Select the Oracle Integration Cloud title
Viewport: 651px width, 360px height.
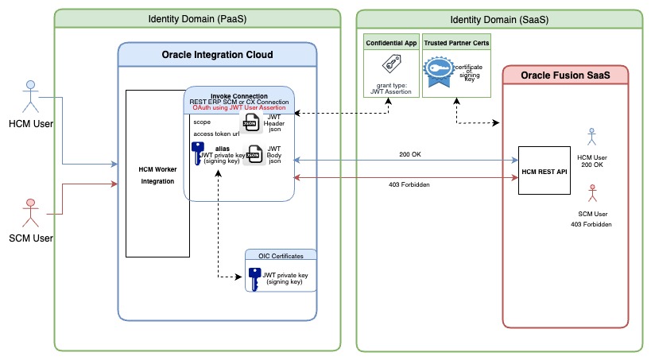click(217, 54)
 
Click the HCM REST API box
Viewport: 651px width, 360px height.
click(545, 170)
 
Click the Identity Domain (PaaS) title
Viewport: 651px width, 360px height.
click(197, 18)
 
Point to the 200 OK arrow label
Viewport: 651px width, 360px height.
click(410, 153)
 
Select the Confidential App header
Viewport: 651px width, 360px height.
click(389, 41)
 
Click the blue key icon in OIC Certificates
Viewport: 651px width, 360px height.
click(254, 279)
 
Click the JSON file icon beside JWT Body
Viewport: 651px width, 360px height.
click(255, 155)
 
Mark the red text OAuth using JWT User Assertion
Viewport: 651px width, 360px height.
click(239, 108)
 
